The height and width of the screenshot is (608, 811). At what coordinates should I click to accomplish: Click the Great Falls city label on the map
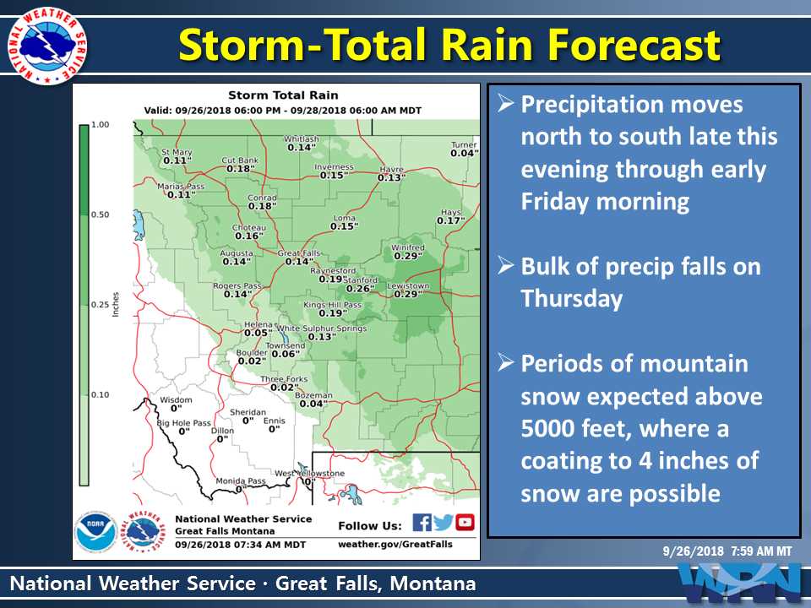point(299,253)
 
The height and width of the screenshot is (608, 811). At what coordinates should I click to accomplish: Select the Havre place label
point(391,170)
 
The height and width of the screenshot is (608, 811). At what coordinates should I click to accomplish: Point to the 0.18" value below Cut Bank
point(241,169)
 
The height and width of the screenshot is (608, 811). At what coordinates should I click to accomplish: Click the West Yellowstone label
point(309,473)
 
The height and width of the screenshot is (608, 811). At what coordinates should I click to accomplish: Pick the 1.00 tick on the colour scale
point(101,125)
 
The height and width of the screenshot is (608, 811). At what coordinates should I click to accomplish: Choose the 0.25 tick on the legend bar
point(101,305)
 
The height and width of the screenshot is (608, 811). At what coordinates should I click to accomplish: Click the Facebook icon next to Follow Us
point(422,522)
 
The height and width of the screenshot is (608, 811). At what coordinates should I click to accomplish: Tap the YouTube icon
point(465,522)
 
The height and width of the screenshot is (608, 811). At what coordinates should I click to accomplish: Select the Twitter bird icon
point(444,522)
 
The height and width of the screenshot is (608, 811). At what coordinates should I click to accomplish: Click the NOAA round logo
point(95,533)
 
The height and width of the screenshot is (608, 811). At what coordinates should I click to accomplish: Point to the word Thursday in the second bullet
point(572,299)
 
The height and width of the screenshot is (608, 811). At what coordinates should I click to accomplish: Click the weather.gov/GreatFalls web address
point(395,545)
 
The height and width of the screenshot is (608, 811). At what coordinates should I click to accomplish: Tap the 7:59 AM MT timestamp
point(761,551)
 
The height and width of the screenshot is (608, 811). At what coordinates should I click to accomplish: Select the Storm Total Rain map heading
point(283,95)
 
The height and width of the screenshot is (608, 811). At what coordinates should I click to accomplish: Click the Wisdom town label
point(176,399)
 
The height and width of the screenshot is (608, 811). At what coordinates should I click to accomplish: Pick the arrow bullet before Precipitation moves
point(506,103)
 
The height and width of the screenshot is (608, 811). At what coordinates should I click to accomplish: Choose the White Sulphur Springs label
point(322,328)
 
